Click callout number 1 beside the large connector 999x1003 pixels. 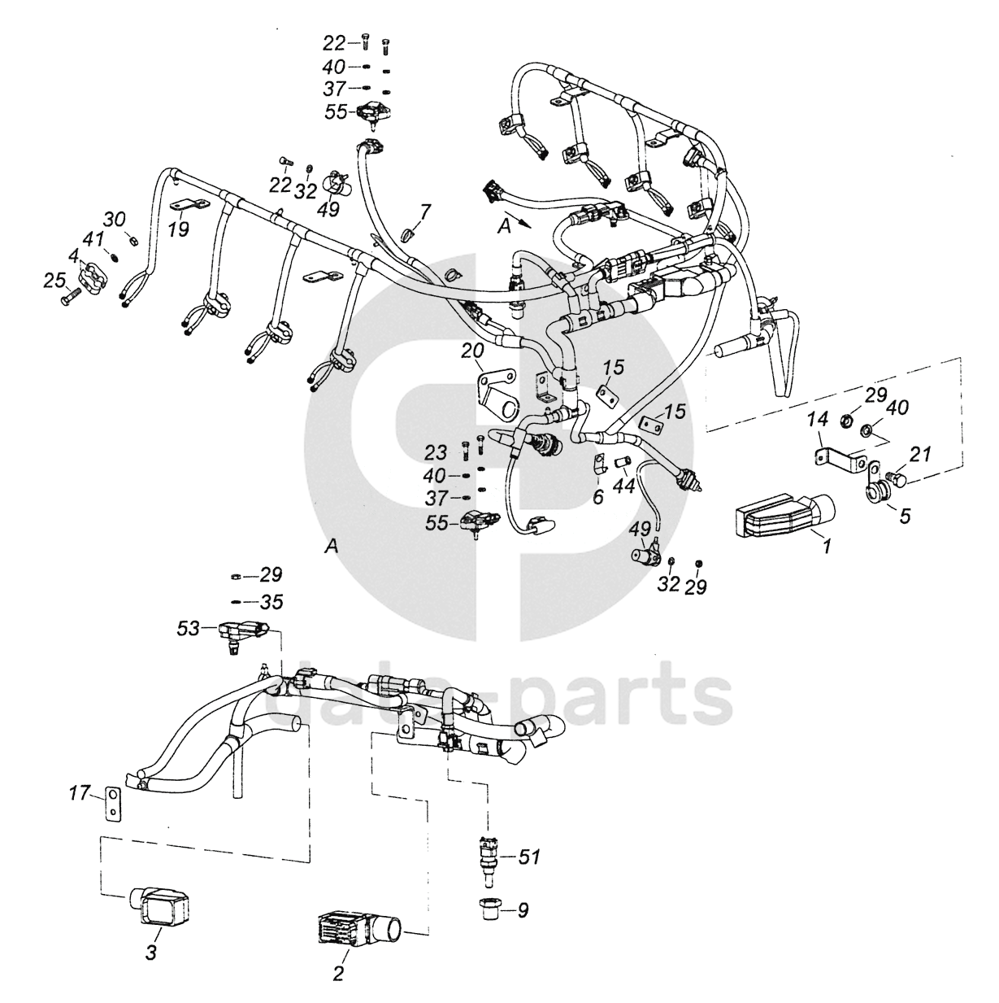coord(826,547)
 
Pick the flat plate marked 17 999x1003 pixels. coord(111,802)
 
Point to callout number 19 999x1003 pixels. coord(178,229)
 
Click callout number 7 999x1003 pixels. coord(425,213)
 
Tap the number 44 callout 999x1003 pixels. coord(623,487)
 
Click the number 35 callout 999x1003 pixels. coord(271,603)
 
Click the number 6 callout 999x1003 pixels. coord(598,496)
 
